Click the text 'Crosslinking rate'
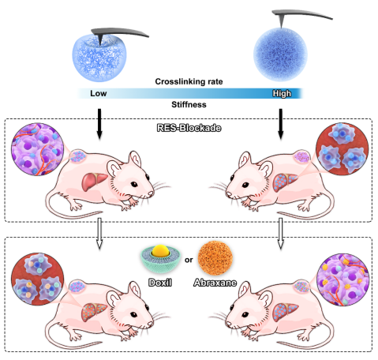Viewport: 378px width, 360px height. [x=189, y=81]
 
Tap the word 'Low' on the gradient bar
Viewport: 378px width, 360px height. [x=99, y=93]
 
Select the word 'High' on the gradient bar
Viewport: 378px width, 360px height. [x=282, y=93]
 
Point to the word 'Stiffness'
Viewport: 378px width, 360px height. [x=189, y=104]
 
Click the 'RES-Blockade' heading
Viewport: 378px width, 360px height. [x=189, y=128]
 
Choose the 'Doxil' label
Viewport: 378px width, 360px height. [x=160, y=283]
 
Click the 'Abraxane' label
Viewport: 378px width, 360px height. [x=215, y=283]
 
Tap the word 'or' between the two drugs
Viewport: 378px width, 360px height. [x=189, y=260]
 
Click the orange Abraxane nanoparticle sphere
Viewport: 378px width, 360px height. [x=215, y=258]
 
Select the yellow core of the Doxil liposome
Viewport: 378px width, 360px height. [x=160, y=250]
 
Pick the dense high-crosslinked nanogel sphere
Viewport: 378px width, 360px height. [x=280, y=54]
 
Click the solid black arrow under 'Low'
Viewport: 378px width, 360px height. [x=99, y=124]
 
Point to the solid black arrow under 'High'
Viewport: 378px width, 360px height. [x=281, y=124]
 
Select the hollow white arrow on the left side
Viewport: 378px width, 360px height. [x=99, y=233]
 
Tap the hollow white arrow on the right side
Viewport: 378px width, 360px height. [x=281, y=233]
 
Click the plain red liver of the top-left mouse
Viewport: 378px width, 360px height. [x=94, y=182]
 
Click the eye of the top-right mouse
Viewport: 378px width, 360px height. [x=246, y=185]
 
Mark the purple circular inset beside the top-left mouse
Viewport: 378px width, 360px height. [x=37, y=149]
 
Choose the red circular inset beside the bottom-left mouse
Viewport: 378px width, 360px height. [x=37, y=279]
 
